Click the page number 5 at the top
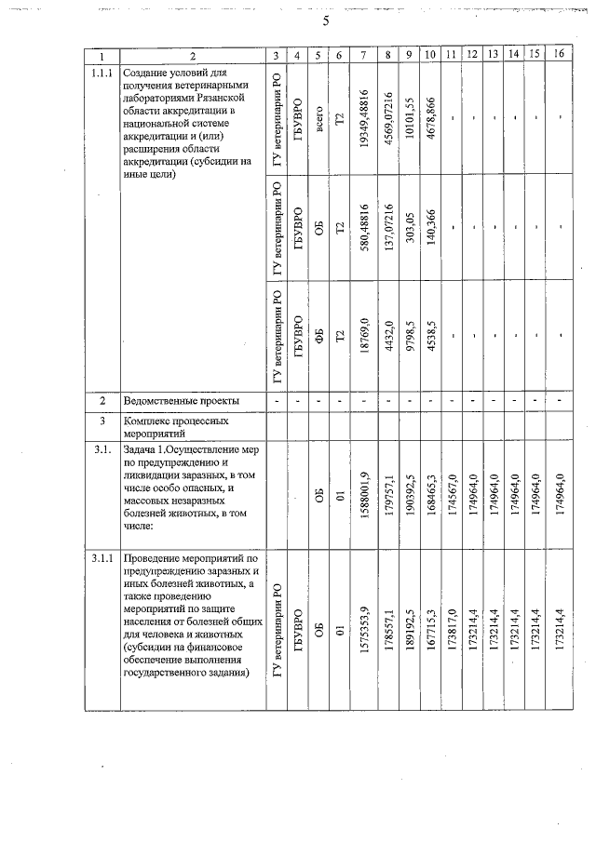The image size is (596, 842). click(300, 20)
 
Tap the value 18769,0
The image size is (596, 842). click(363, 338)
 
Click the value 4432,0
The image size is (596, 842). click(388, 338)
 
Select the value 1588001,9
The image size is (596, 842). click(363, 495)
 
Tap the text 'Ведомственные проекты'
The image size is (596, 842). click(182, 400)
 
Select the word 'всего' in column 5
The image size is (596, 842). click(318, 118)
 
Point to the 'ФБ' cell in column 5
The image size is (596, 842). click(318, 338)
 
